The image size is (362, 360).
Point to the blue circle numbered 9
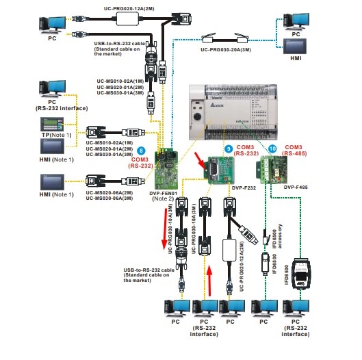(228, 149)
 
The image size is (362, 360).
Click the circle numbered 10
(272, 149)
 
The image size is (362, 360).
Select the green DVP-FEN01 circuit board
(167, 171)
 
